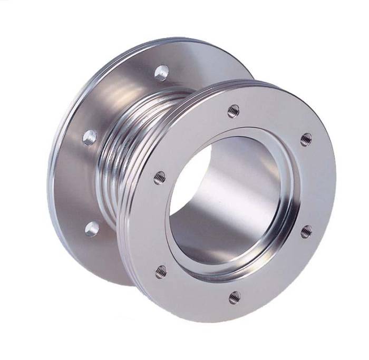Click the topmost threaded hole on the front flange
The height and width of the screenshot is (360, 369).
(233, 111)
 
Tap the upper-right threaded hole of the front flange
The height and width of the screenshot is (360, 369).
(306, 139)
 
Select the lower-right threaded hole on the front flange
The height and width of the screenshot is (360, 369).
(306, 231)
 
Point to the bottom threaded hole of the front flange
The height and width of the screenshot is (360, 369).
(235, 297)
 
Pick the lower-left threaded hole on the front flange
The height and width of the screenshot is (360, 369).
(161, 271)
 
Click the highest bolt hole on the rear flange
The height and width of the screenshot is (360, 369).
(162, 72)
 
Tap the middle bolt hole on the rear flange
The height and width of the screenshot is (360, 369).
(90, 138)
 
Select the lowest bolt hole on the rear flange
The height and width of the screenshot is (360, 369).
(92, 229)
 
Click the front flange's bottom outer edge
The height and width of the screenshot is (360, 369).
(232, 320)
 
